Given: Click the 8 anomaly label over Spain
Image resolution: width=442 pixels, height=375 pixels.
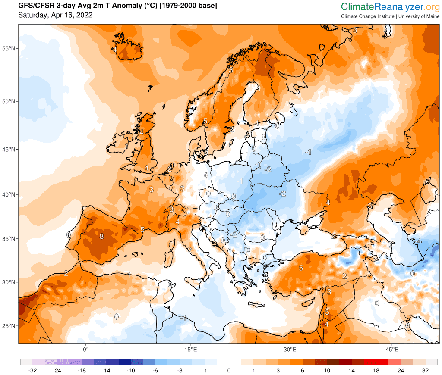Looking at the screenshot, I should pyautogui.click(x=101, y=236).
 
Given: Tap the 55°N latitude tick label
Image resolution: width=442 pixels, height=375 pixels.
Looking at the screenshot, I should pyautogui.click(x=9, y=48).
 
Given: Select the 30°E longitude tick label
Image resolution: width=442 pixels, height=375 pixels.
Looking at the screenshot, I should pyautogui.click(x=289, y=349).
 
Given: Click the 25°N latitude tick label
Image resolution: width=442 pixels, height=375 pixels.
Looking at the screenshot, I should pyautogui.click(x=9, y=326).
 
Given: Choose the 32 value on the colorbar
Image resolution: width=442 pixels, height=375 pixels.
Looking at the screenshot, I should pyautogui.click(x=425, y=370).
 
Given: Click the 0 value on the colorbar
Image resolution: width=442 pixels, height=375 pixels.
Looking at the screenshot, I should pyautogui.click(x=229, y=370).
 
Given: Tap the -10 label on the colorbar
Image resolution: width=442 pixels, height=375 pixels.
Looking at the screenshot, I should pyautogui.click(x=131, y=370).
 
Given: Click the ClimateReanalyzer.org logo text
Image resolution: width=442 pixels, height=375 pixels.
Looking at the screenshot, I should pyautogui.click(x=390, y=7).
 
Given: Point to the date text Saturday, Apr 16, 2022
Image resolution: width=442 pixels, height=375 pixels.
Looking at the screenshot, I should pyautogui.click(x=55, y=16).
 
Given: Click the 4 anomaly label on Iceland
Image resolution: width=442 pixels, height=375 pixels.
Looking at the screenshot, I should pyautogui.click(x=114, y=49).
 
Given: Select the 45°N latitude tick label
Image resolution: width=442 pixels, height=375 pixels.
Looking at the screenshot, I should pyautogui.click(x=9, y=150).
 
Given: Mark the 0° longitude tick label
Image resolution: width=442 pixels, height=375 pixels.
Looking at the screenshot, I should pyautogui.click(x=85, y=349).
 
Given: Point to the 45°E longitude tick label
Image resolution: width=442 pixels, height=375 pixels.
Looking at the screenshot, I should pyautogui.click(x=391, y=349).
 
